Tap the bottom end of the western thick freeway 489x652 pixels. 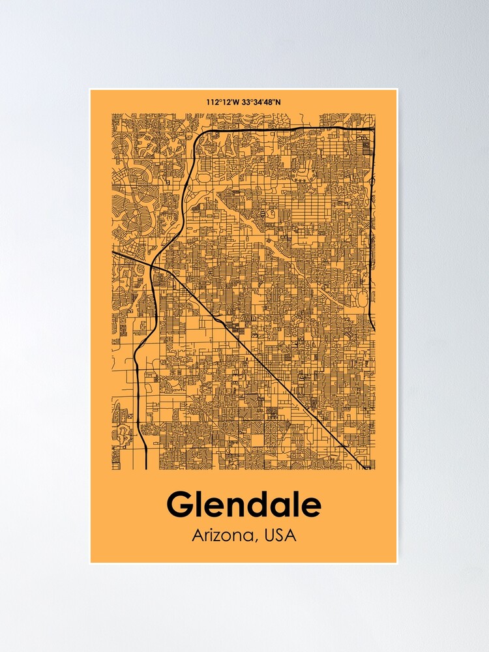[x=146, y=467]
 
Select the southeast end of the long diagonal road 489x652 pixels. [x=361, y=467]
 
